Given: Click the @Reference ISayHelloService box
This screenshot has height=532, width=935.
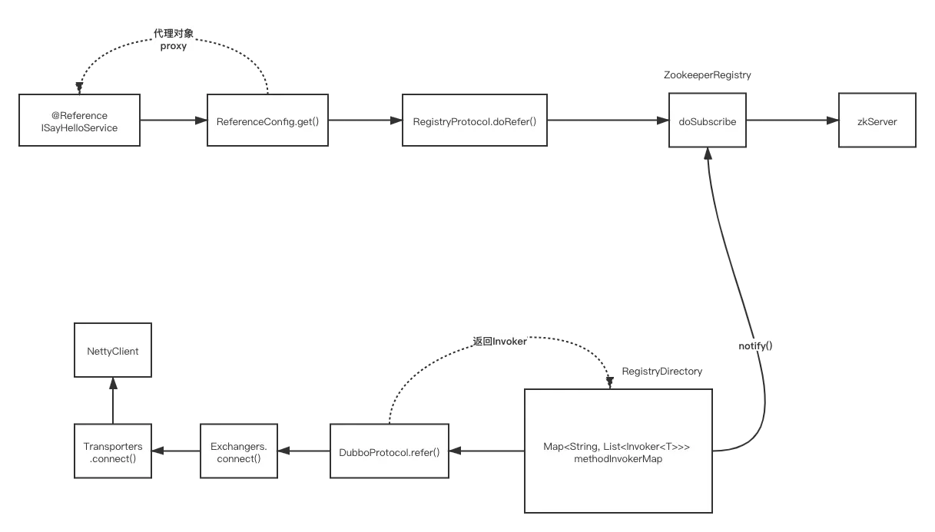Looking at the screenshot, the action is pos(79,120).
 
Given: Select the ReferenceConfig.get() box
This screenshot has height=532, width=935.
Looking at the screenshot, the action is pos(267,120).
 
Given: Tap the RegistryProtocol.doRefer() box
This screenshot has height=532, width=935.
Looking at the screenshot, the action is pos(475,120).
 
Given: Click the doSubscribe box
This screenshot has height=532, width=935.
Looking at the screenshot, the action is pos(708,120).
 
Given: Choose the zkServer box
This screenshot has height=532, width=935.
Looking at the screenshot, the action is pos(877,120).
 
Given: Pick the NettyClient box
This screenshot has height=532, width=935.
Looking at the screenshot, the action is pos(113,350).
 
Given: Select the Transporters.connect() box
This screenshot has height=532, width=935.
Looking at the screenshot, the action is pos(113,451).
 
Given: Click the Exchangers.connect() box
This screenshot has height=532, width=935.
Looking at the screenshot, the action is pos(239,451).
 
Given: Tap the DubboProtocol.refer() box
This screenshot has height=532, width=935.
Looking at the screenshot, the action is pos(390,451).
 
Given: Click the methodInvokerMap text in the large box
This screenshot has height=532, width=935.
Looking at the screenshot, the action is pos(618,459).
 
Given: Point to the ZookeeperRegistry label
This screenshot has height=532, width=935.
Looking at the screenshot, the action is pos(708,75).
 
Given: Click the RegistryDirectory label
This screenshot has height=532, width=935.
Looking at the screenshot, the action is pos(662,371).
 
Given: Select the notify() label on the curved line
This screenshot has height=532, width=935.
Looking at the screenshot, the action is pos(755,345).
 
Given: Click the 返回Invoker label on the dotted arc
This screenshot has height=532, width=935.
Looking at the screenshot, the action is pos(499,342).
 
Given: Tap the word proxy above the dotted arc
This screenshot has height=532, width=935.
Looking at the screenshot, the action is pos(174,46).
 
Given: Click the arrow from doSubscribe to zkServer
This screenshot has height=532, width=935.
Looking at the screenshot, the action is pos(792,120).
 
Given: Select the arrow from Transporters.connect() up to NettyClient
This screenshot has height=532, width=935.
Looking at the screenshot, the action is pos(113,401).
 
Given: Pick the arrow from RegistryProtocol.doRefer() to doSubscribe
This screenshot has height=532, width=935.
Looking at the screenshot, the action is pos(608,120).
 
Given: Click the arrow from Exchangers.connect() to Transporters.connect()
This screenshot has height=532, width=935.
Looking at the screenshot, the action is pos(176,451).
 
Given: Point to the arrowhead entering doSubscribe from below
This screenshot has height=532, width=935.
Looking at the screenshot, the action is pos(708,154).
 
